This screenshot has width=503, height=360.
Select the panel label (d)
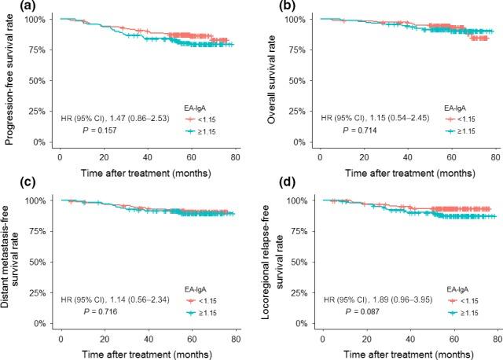click(268, 186)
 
